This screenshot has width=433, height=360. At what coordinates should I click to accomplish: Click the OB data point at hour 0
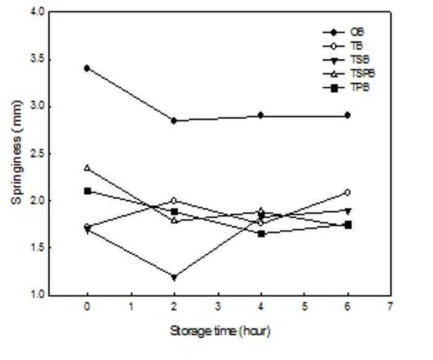[87, 68]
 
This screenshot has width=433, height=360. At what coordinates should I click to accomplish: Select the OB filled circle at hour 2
[174, 121]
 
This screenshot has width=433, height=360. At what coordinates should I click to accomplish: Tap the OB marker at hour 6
[348, 115]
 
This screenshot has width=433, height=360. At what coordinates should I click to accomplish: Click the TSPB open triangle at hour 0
[87, 168]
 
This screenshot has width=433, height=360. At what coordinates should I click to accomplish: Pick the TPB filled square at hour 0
[88, 191]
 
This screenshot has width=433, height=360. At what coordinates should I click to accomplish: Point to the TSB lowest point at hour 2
[174, 277]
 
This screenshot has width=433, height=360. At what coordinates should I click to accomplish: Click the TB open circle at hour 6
[348, 192]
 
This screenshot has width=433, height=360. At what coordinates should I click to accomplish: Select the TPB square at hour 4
[261, 234]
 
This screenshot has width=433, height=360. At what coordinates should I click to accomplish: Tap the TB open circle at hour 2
[174, 200]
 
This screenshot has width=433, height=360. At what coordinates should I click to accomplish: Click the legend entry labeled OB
[357, 32]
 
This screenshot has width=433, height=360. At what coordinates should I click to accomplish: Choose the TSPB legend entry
[362, 74]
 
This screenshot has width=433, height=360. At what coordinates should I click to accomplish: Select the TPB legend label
[360, 87]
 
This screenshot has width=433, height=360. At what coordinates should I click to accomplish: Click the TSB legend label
[360, 59]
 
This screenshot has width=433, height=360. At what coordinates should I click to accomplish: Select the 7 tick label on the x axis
[390, 306]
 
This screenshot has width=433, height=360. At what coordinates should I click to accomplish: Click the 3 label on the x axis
[218, 306]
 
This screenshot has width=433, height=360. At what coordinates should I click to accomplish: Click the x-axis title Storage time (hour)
[220, 331]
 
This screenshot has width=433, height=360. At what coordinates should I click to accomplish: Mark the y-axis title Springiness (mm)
[16, 152]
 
